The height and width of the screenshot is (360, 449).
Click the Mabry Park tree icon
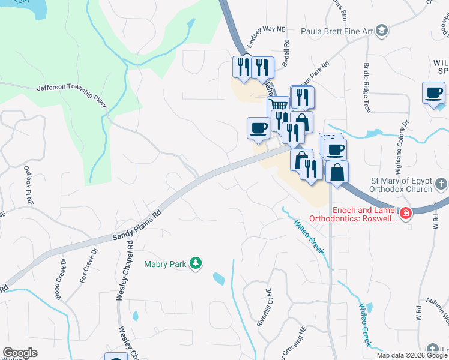click(195, 263)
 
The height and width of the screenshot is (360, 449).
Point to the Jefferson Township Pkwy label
click(71, 96)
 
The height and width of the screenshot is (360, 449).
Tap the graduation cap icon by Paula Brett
click(382, 31)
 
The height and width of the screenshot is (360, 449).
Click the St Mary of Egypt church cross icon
click(441, 183)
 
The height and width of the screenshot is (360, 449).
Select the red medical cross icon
click(406, 213)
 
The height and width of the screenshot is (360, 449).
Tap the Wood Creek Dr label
click(60, 279)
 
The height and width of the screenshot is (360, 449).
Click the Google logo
click(19, 353)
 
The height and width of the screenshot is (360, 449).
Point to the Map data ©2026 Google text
click(412, 355)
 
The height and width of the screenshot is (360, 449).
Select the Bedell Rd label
click(286, 52)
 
